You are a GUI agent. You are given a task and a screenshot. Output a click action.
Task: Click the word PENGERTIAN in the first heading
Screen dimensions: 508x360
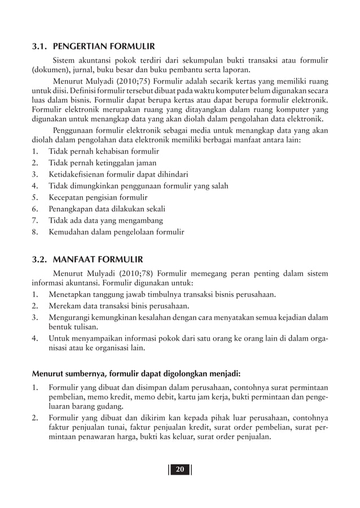[x=86, y=45]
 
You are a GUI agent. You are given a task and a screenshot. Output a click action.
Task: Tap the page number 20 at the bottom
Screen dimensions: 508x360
[x=180, y=471]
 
